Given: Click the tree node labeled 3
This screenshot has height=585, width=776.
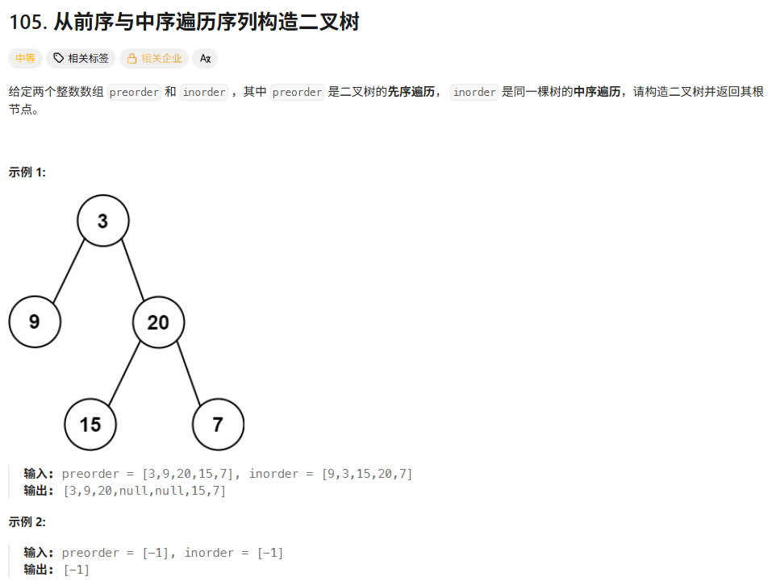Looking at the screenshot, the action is [102, 221].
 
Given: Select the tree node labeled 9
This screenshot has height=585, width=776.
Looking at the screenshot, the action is [35, 322].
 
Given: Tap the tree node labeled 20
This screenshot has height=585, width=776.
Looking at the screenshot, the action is [158, 322].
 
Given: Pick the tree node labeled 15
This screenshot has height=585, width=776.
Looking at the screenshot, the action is [90, 424].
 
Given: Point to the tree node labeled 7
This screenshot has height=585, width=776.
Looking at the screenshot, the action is [218, 424].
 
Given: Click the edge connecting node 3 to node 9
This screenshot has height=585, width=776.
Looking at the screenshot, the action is [69, 271].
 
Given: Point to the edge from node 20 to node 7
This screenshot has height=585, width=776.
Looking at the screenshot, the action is [188, 373].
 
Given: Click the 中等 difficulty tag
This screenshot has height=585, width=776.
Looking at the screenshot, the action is [25, 58].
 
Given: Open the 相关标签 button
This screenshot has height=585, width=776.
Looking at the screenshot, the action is [81, 58].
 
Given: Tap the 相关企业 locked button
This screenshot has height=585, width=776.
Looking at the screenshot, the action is [154, 58].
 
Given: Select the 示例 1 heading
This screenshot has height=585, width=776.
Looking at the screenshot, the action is [27, 172].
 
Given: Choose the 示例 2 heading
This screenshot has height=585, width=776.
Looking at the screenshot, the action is [27, 521].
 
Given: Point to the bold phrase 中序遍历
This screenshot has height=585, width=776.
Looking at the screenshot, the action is [597, 92].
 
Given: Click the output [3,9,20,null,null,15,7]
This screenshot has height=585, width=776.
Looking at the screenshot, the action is [144, 490].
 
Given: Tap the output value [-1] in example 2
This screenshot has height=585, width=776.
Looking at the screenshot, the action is [76, 569].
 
